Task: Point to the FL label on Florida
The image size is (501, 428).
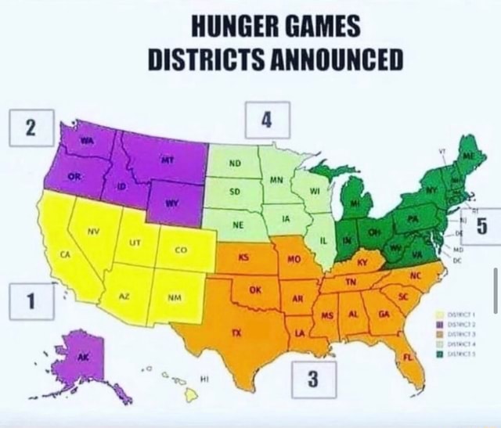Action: [408, 357]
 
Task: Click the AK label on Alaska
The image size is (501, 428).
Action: [84, 356]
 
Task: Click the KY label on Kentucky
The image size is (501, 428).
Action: [362, 261]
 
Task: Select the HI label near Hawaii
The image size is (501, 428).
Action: [205, 378]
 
